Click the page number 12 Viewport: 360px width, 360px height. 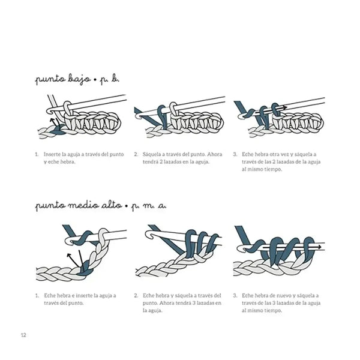pos(23,335)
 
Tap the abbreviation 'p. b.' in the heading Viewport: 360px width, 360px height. pos(109,79)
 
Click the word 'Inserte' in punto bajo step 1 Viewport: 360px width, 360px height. pos(52,154)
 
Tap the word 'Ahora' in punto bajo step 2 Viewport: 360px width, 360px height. pos(215,154)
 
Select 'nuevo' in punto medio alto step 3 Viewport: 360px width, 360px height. pos(287,295)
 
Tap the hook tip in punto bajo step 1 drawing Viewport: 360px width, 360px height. pos(49,111)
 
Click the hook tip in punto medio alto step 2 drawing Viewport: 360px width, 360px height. pos(147,235)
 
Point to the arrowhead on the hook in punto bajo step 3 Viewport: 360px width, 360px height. pos(284,107)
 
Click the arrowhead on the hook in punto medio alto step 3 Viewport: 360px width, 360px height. pos(319,247)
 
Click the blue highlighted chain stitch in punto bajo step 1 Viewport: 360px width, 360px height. pos(58,130)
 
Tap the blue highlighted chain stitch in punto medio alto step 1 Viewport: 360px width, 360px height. pos(85,269)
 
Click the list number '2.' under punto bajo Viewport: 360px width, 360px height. pos(136,154)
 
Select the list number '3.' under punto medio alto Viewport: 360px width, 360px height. pos(235,295)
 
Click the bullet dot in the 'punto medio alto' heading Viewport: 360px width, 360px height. pos(127,206)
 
